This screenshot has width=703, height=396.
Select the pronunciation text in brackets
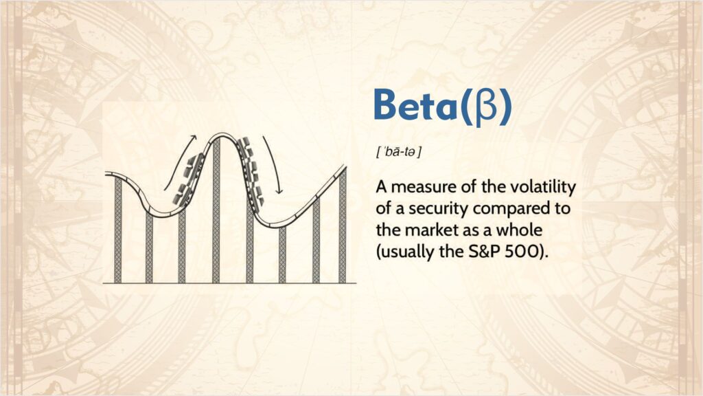click(398, 151)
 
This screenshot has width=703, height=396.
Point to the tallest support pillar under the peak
click(216, 213)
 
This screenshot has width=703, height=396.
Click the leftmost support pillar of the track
click(118, 230)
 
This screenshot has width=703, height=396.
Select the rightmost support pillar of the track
click(342, 227)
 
